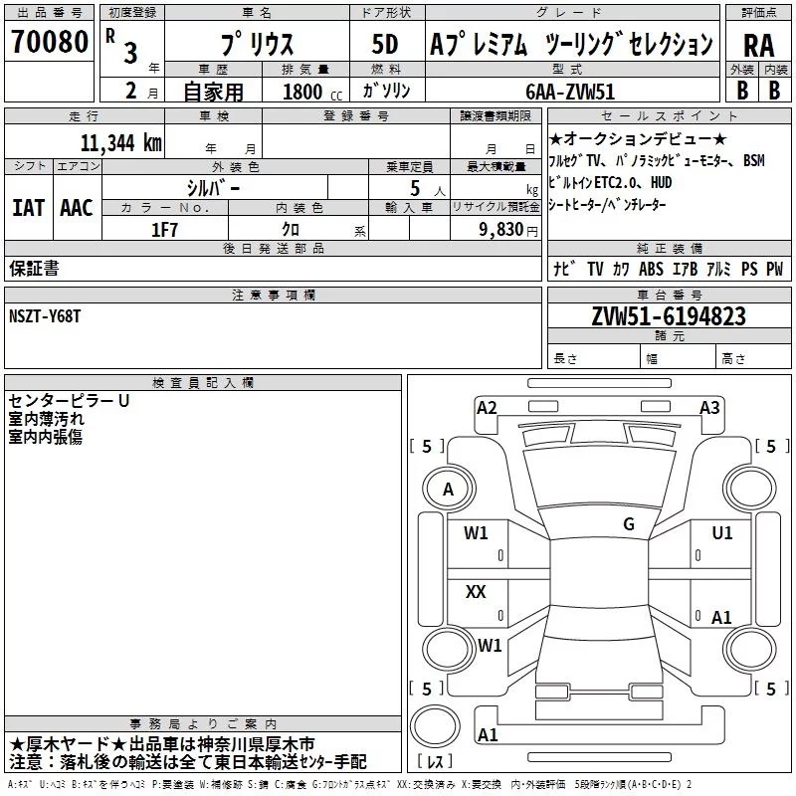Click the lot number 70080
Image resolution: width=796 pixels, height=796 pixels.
tap(49, 42)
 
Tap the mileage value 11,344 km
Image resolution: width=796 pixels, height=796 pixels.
tap(120, 142)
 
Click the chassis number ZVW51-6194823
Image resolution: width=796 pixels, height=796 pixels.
tap(668, 316)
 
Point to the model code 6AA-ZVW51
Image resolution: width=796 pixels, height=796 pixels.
tap(570, 92)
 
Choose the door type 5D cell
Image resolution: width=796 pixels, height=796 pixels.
tap(384, 44)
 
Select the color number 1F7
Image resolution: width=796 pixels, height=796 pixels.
tap(164, 229)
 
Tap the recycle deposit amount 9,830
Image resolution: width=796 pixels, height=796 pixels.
tap(501, 229)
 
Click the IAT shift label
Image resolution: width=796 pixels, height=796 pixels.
tap(28, 207)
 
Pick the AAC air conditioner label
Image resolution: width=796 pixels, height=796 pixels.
tap(76, 207)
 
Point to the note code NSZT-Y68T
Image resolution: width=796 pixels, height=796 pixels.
tap(47, 316)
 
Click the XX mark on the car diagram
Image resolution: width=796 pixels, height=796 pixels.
tap(476, 592)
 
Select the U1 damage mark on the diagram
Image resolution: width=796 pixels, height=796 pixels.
tap(721, 533)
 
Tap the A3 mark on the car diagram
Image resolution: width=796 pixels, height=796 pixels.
tap(709, 407)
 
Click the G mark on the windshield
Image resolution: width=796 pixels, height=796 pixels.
tap(628, 523)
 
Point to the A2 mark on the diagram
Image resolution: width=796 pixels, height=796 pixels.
tap(487, 407)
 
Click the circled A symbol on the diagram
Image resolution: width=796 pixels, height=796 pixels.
tap(448, 489)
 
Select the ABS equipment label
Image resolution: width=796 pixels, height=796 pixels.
tap(651, 270)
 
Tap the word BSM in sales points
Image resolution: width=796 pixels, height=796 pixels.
tap(753, 160)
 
